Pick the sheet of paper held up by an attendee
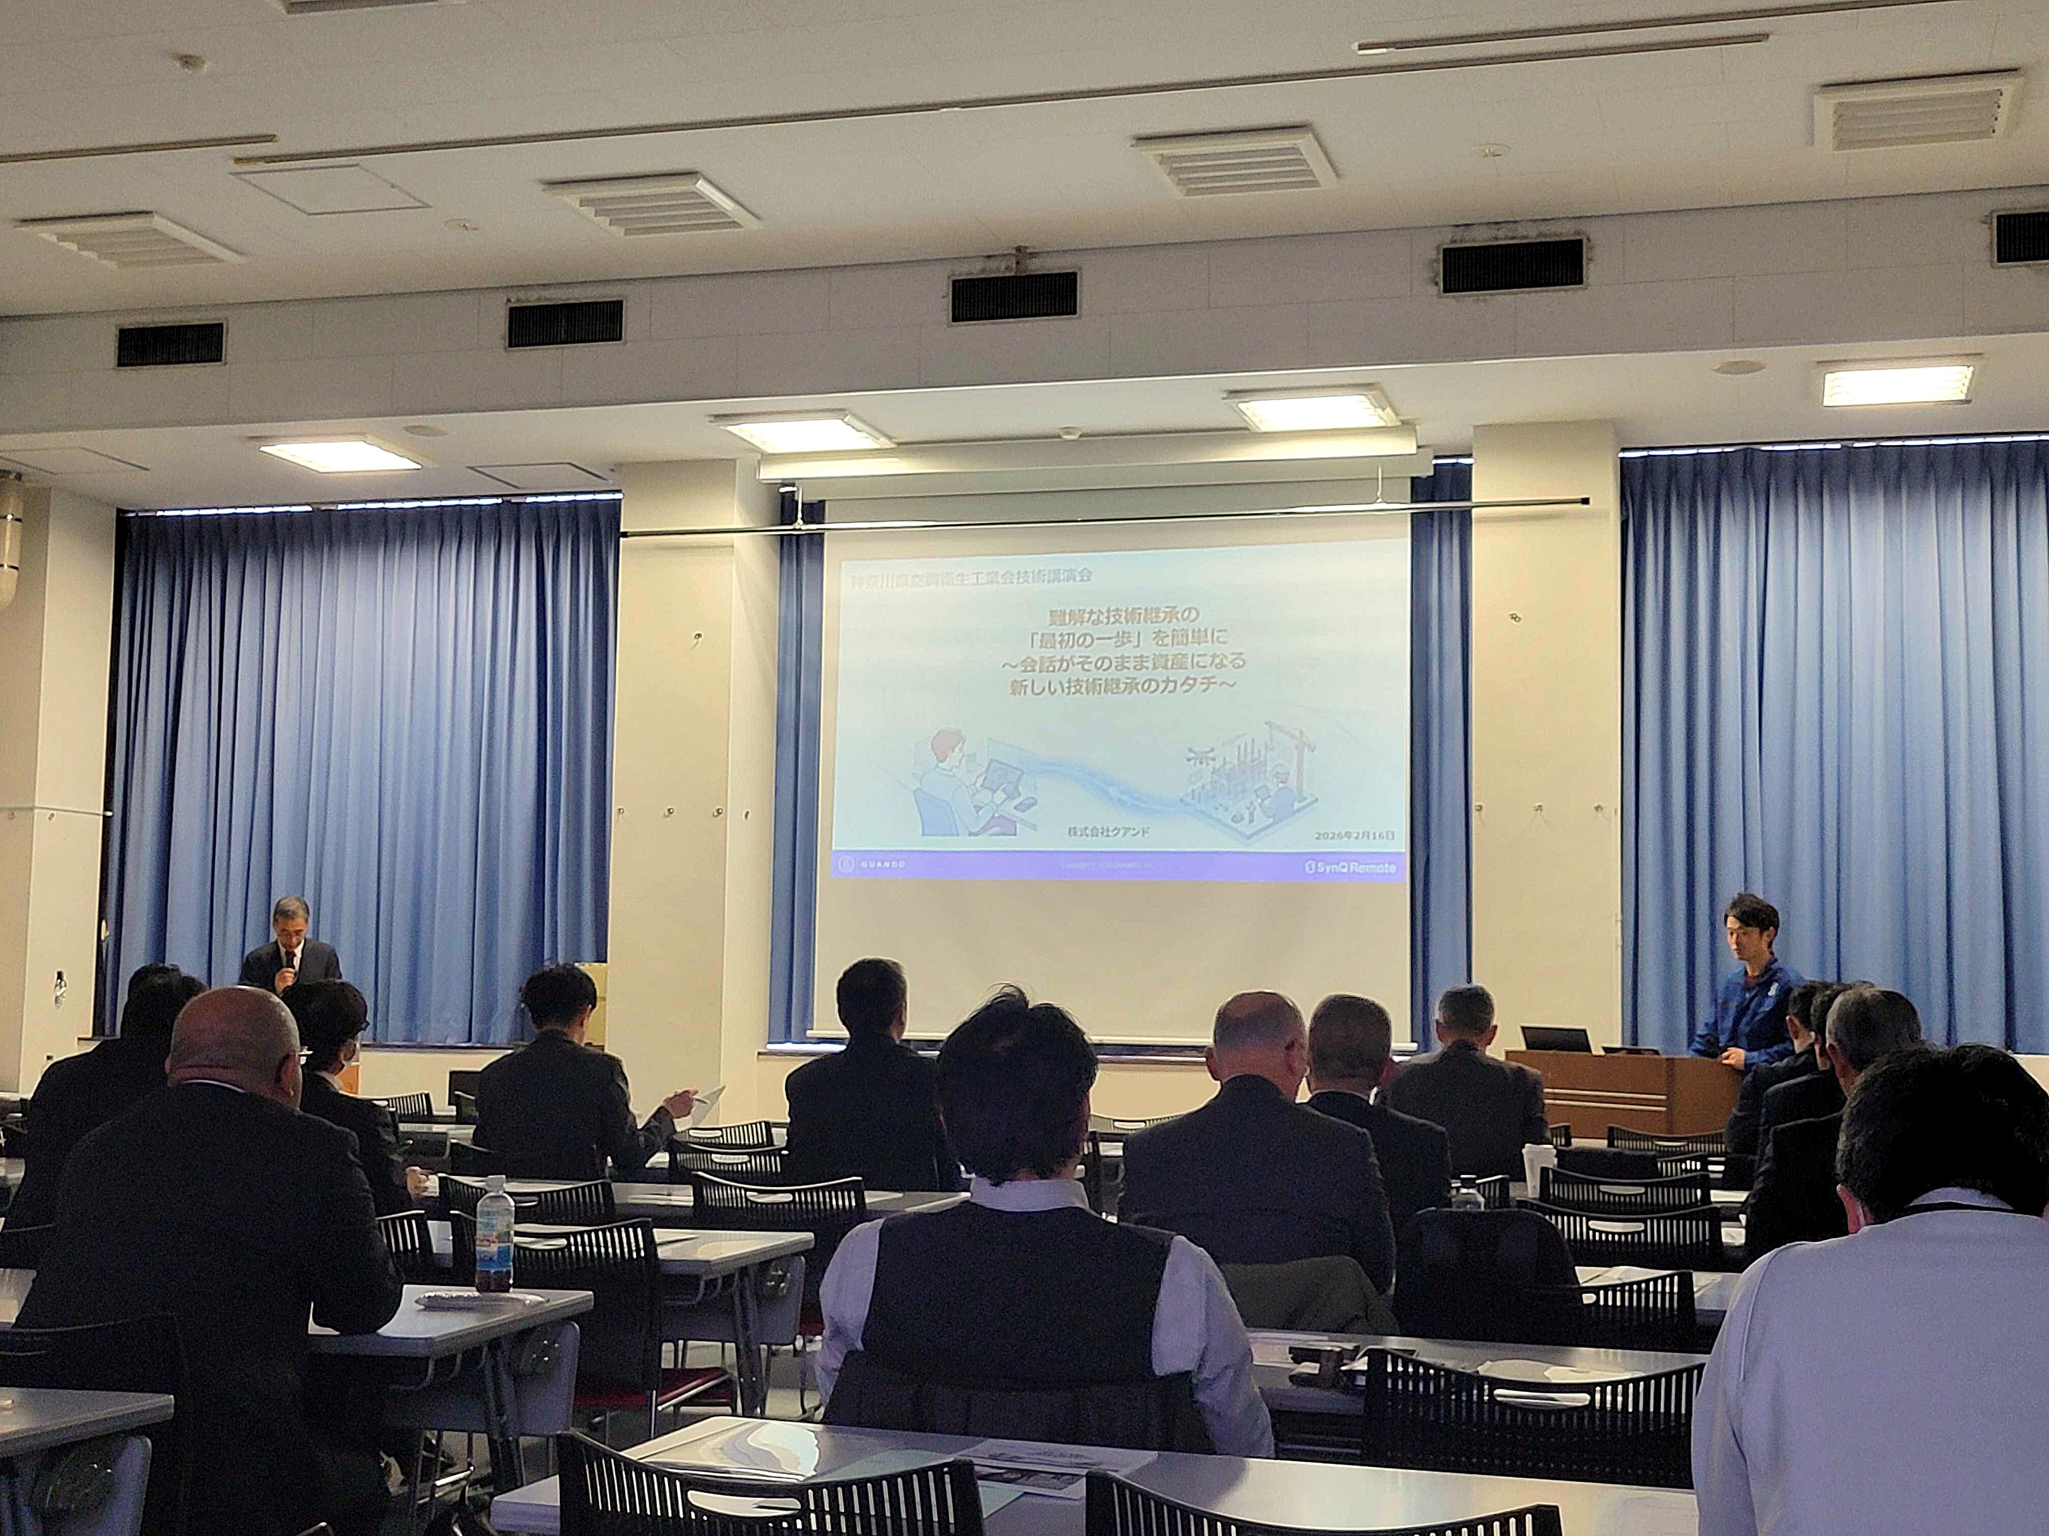710,1095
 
